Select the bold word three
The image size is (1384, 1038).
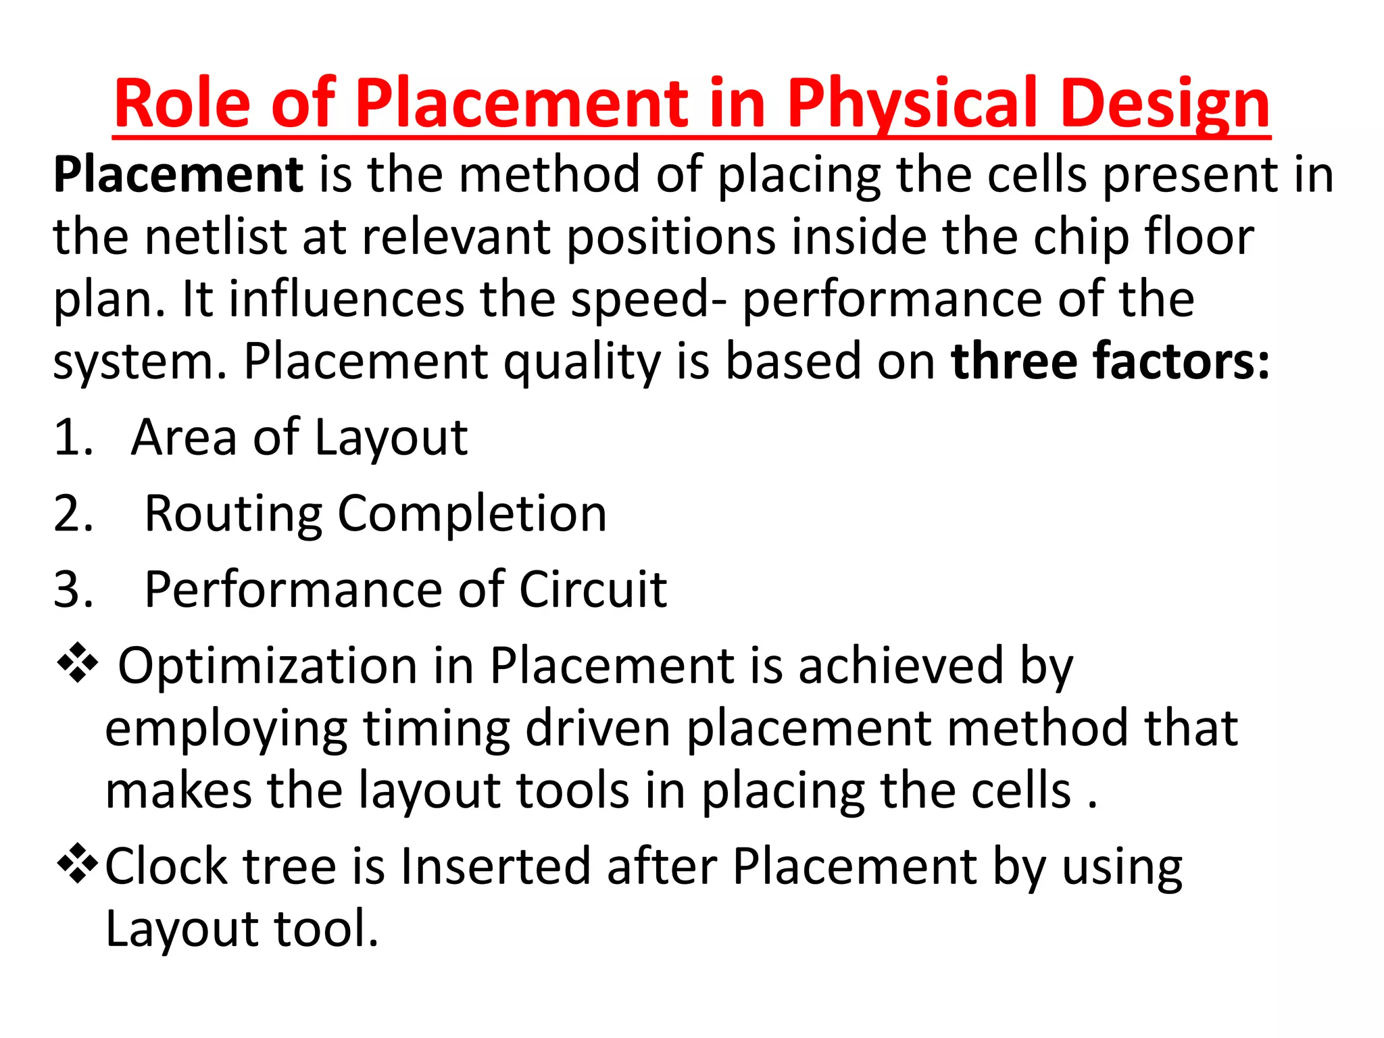1014,361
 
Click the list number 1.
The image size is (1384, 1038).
72,437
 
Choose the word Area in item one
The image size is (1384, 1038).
184,437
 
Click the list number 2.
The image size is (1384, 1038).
73,514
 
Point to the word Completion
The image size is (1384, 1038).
472,514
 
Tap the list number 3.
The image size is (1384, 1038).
73,589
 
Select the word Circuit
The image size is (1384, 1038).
593,589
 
